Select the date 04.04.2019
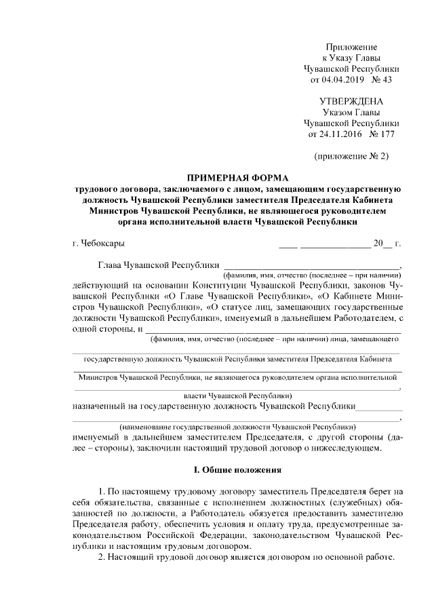click(343, 79)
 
